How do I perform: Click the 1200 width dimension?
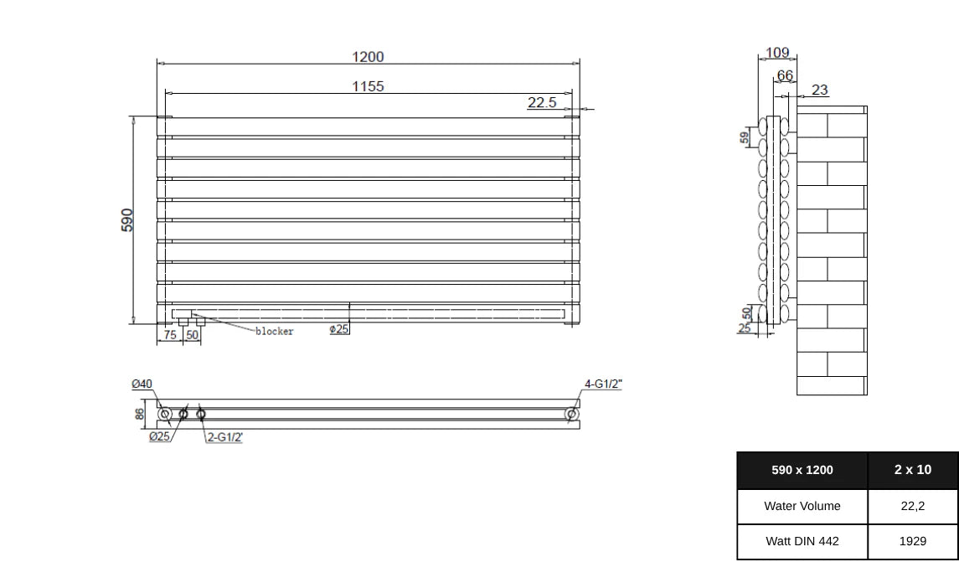tap(368, 57)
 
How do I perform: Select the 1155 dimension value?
tap(368, 86)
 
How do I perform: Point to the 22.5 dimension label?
tap(542, 102)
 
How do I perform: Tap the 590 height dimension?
tap(127, 220)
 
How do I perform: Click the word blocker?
tap(275, 332)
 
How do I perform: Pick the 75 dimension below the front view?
tap(170, 335)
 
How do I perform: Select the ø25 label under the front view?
tap(339, 329)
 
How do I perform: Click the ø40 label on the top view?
tap(142, 384)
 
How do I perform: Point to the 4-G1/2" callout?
tap(603, 384)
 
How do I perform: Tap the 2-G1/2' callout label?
tap(225, 437)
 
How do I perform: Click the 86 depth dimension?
tap(140, 414)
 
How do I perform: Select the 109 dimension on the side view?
tap(777, 53)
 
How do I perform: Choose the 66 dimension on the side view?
tap(785, 75)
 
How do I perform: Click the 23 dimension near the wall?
tap(820, 90)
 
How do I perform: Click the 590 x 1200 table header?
tap(802, 470)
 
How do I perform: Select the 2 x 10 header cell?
tap(913, 470)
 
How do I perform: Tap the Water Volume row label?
tap(802, 506)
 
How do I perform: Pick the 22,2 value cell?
tap(913, 506)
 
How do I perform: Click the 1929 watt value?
tap(913, 541)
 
